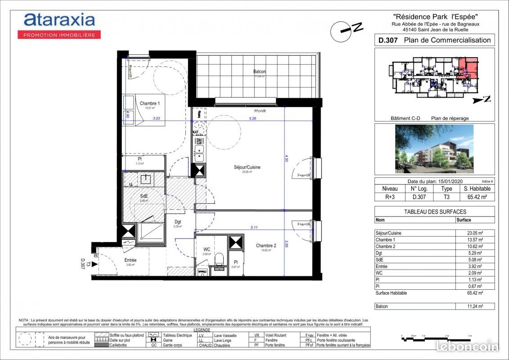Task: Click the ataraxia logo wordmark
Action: (59, 20)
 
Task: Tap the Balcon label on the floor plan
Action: (259, 72)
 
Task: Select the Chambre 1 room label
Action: (149, 103)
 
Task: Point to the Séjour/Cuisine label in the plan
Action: (247, 167)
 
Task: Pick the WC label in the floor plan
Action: (207, 249)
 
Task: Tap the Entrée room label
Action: (131, 260)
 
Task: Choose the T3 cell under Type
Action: (446, 197)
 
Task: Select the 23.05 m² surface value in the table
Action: (475, 233)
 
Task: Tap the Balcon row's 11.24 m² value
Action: (475, 306)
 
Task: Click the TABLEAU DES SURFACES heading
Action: (434, 211)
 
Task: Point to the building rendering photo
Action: (434, 149)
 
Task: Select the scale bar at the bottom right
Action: (434, 336)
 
